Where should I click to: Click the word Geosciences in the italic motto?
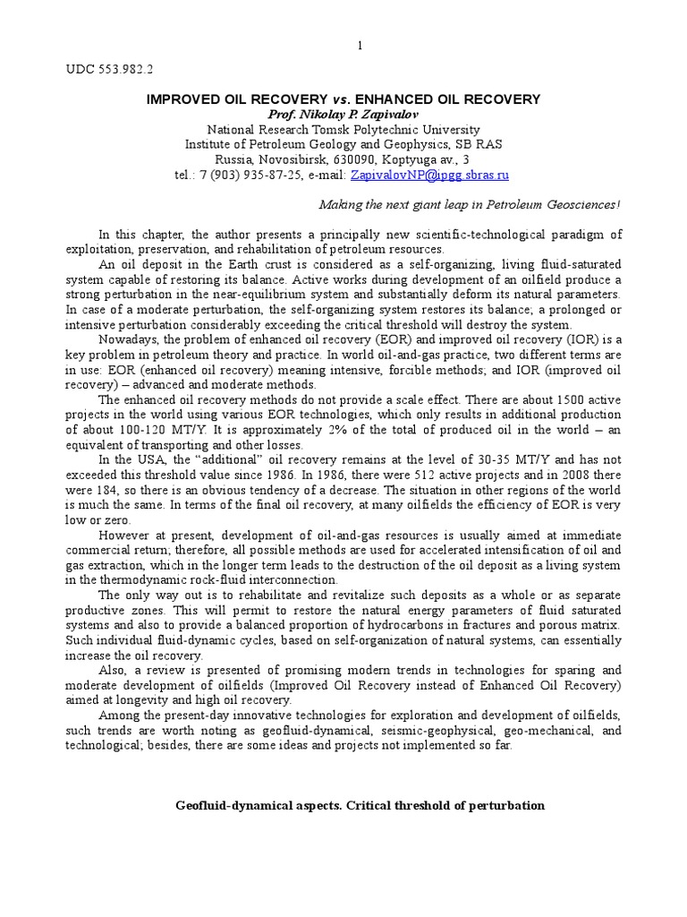click(573, 204)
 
